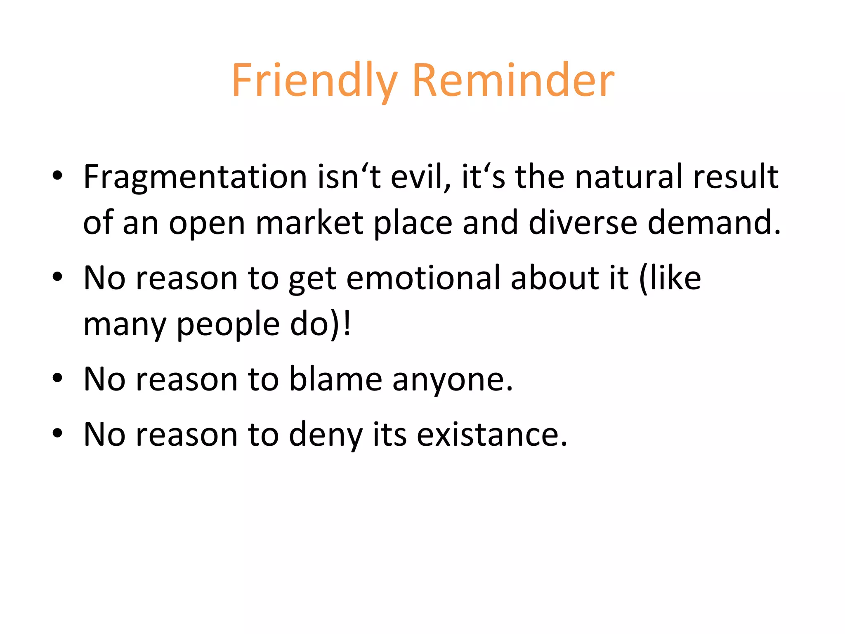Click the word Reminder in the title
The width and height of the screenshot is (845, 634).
pos(513,80)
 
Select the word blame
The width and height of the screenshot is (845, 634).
pos(335,379)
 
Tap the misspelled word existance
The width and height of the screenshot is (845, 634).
pos(492,435)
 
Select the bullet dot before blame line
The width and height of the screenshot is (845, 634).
pos(57,378)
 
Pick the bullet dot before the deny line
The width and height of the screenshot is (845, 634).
pos(57,433)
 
